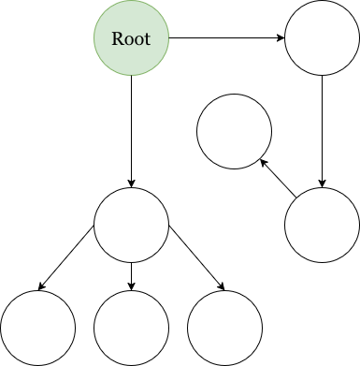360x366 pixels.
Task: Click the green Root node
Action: [132, 38]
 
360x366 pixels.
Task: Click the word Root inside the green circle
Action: [131, 39]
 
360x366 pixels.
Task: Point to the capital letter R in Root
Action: [117, 39]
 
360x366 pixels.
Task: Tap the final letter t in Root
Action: [147, 39]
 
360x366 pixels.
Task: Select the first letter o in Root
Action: [127, 40]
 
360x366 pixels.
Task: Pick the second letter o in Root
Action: [137, 40]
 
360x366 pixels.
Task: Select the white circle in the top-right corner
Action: [323, 38]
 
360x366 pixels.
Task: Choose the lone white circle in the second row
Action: [234, 131]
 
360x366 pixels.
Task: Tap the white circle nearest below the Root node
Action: [132, 225]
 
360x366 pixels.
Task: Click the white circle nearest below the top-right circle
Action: [323, 225]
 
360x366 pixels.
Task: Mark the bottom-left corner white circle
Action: [37, 328]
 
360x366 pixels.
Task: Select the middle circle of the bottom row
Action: [132, 328]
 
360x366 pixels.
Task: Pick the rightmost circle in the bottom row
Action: [224, 328]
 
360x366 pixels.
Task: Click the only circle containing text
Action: [132, 38]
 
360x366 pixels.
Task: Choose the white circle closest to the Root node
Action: [234, 131]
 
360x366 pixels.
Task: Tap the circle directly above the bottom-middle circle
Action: [132, 225]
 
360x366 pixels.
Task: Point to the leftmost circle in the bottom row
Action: [37, 328]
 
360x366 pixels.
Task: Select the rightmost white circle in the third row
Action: [323, 225]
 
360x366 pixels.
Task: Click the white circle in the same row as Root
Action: [323, 38]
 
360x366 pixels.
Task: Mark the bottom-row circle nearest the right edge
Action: [224, 328]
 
